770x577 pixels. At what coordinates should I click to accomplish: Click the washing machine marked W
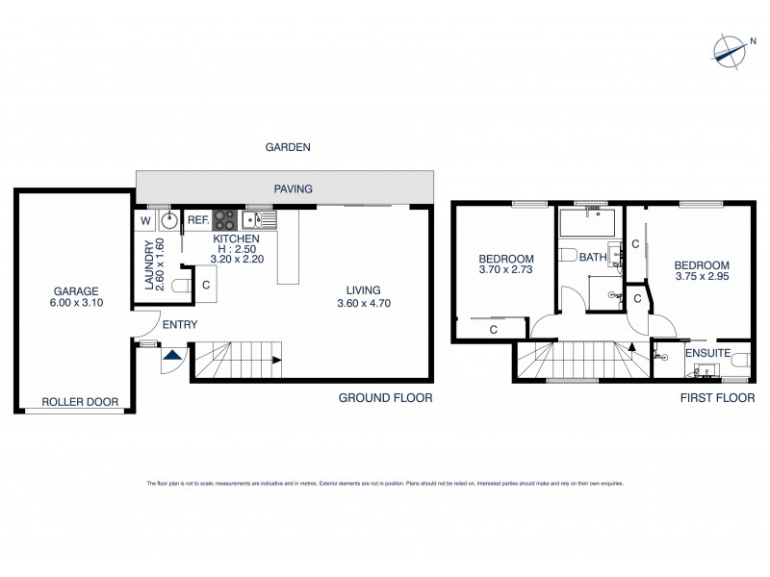[x=145, y=220]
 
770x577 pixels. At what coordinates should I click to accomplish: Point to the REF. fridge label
[x=198, y=220]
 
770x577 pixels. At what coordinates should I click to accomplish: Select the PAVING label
[x=294, y=188]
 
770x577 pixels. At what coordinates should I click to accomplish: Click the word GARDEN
[x=289, y=147]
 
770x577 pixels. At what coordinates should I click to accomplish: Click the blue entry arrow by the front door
[x=170, y=357]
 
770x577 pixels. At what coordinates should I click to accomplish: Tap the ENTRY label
[x=179, y=325]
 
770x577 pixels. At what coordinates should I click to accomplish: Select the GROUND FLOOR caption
[x=384, y=397]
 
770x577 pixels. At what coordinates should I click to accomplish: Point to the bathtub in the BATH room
[x=590, y=225]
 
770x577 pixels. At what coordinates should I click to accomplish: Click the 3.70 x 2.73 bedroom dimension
[x=505, y=271]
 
